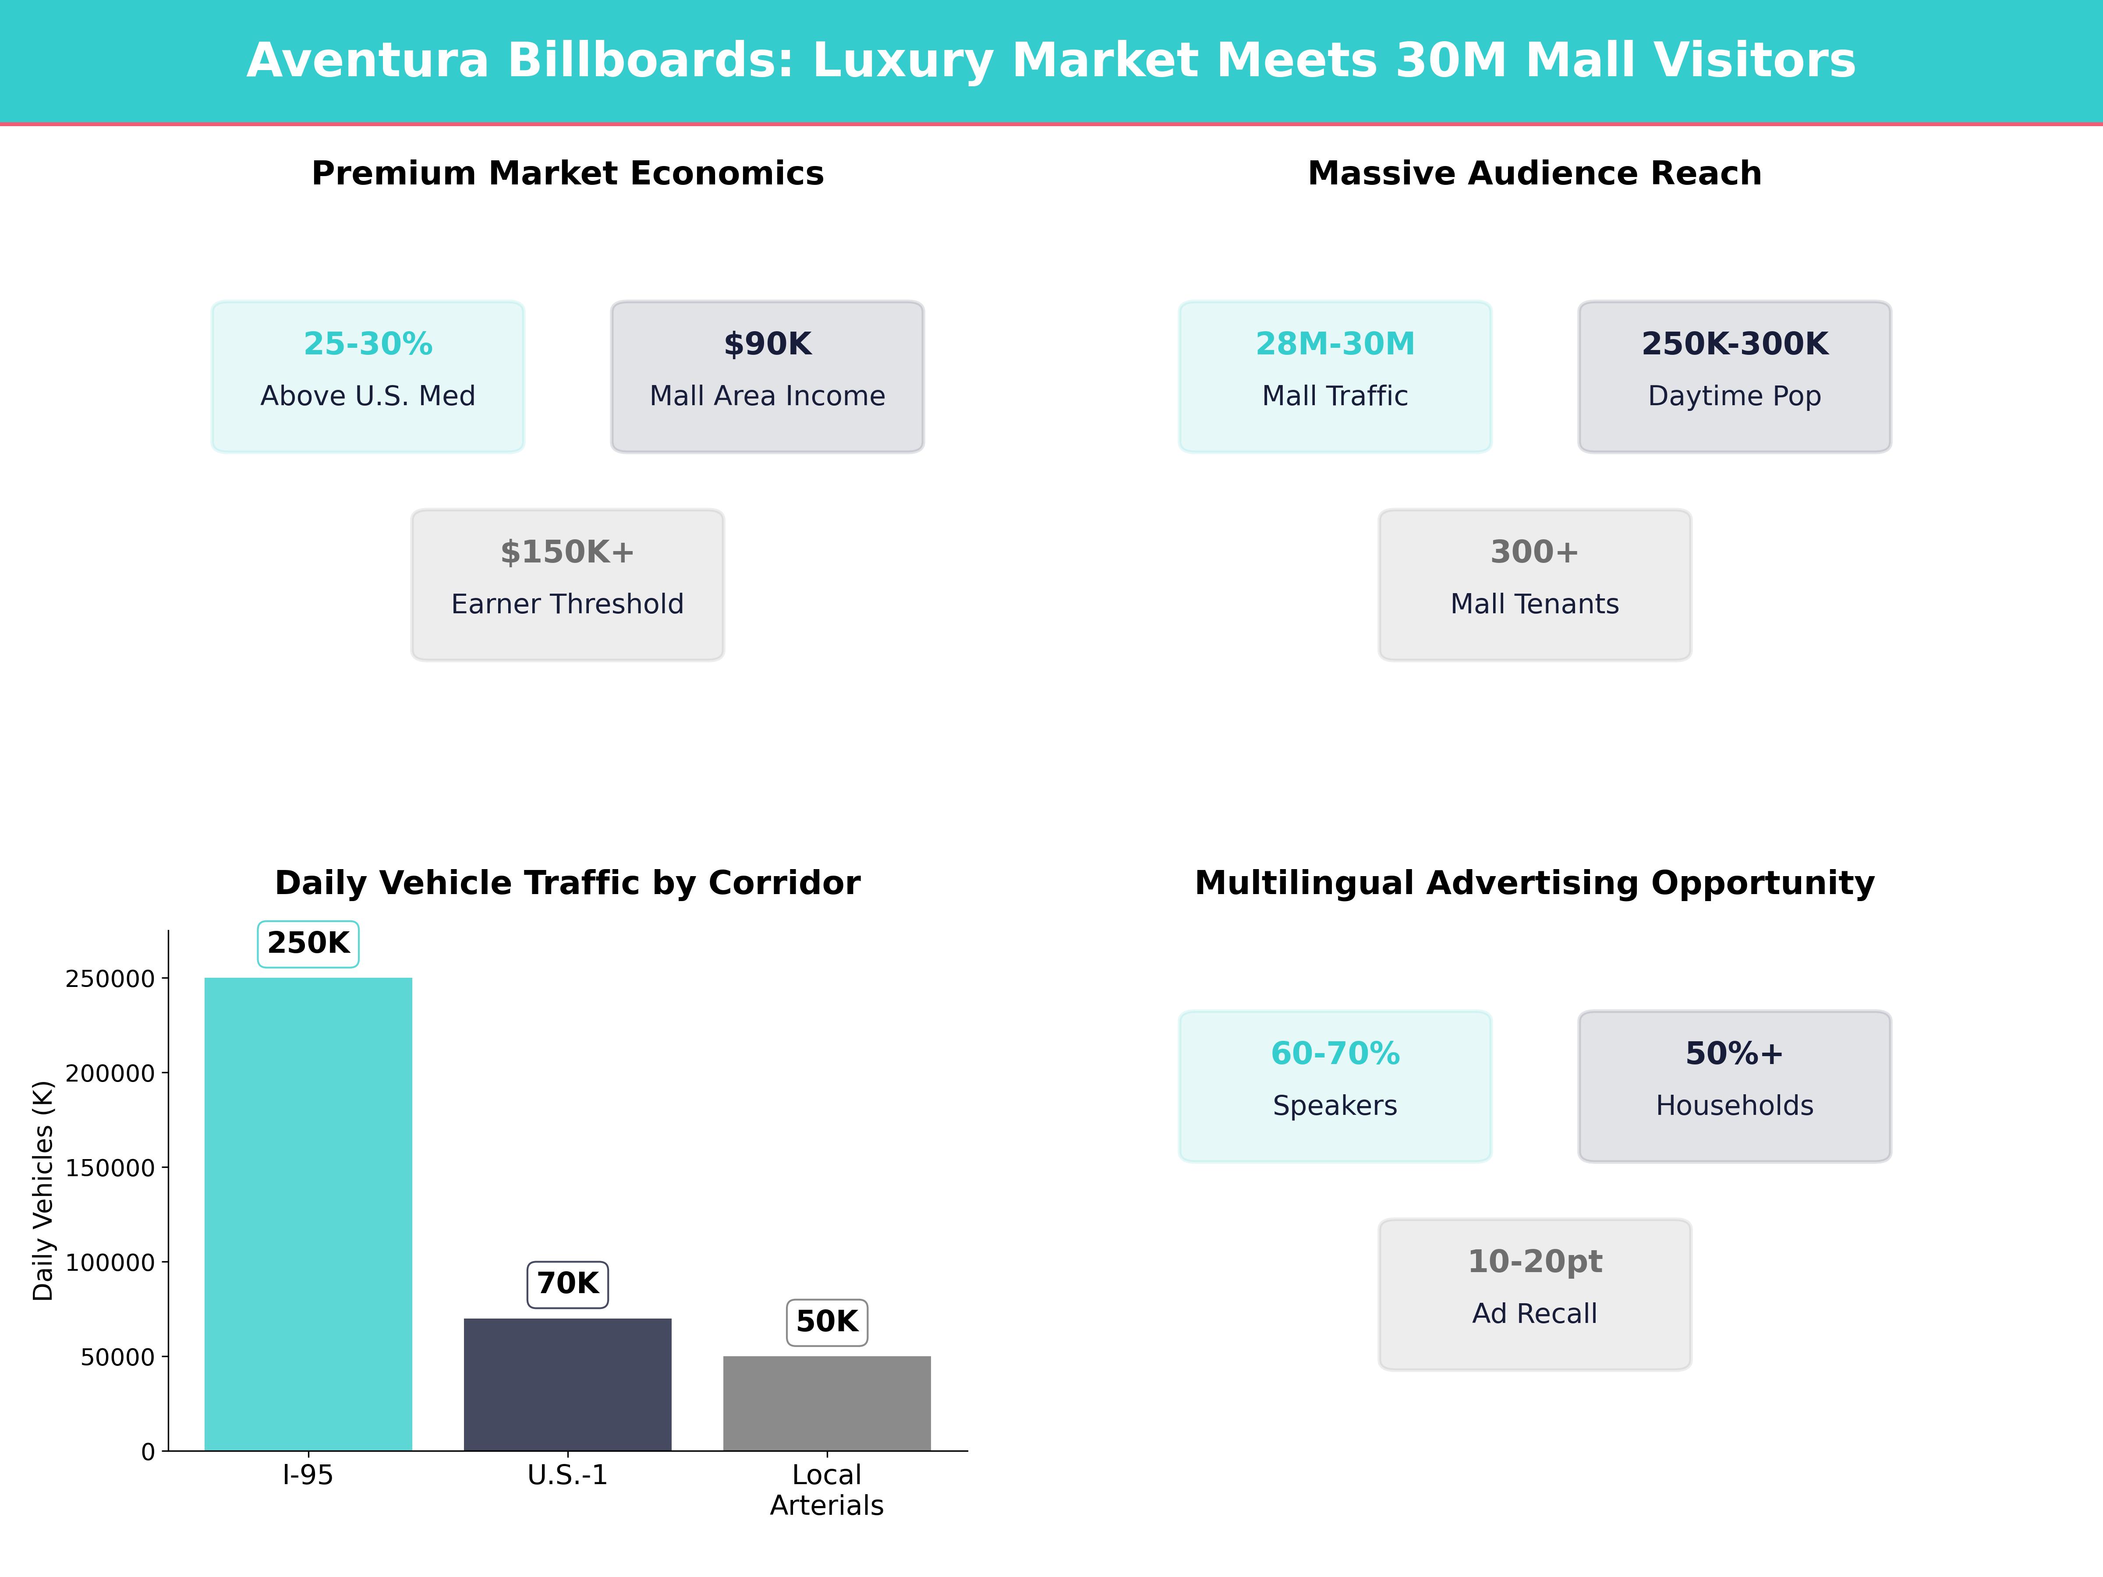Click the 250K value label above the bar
308,943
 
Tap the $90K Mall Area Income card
767,376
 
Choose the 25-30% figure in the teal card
368,344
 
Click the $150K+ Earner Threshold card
567,585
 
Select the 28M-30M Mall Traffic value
1335,344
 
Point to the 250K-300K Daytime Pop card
1734,376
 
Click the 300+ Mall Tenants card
1534,585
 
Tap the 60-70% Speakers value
1335,1053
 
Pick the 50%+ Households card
1734,1086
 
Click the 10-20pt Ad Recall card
1534,1294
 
